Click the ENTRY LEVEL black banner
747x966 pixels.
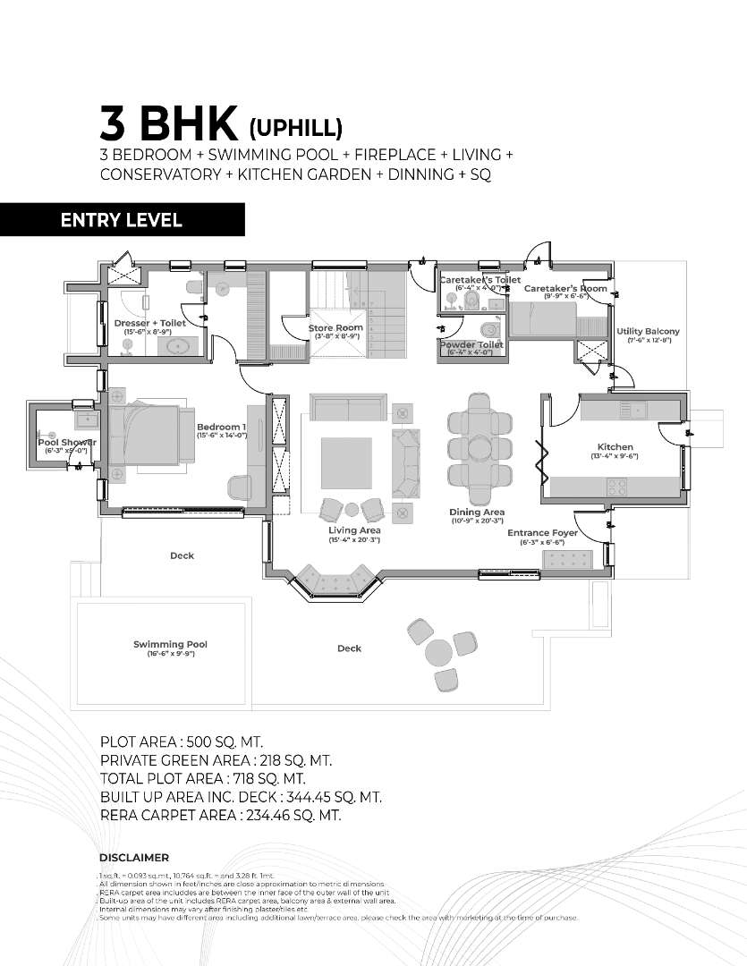point(122,220)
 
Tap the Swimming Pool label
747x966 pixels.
point(171,644)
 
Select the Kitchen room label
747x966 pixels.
point(615,447)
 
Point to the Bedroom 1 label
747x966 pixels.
point(221,428)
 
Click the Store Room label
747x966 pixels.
point(335,328)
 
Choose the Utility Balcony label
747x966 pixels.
point(648,332)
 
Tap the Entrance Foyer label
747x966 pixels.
point(542,533)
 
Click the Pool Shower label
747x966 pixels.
point(67,442)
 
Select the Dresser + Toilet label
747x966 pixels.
point(149,323)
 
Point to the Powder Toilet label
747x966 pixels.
point(471,344)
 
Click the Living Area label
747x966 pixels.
point(355,530)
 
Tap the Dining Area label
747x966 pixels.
point(477,513)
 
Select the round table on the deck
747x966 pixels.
point(439,653)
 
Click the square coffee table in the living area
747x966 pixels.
point(346,462)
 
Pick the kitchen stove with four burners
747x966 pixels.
point(617,487)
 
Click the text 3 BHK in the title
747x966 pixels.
point(169,124)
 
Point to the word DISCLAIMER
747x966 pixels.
point(134,857)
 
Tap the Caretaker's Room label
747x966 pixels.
point(565,289)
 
